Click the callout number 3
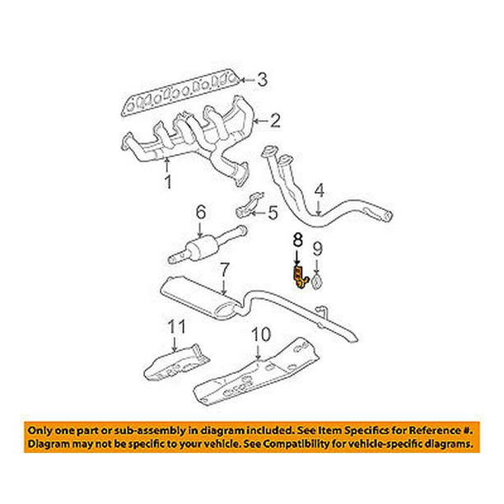pyautogui.click(x=262, y=80)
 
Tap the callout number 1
pyautogui.click(x=168, y=181)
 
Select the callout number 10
pyautogui.click(x=260, y=336)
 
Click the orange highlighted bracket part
pyautogui.click(x=298, y=277)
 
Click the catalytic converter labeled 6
pyautogui.click(x=202, y=247)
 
